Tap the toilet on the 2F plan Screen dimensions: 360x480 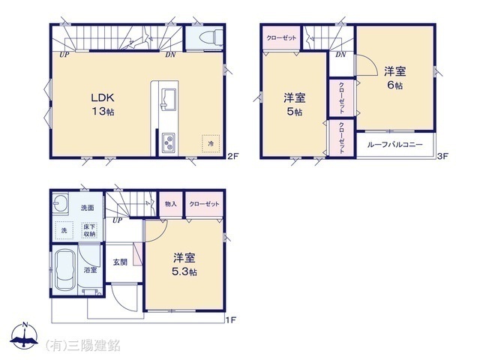pos(204,37)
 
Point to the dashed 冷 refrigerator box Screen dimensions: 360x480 pos(211,142)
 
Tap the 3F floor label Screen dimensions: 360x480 pos(442,157)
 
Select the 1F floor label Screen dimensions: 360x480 pos(232,320)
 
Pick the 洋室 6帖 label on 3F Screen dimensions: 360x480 pos(395,79)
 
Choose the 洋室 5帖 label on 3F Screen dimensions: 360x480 pos(293,104)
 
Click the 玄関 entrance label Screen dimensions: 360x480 pos(120,262)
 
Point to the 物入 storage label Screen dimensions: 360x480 pos(170,204)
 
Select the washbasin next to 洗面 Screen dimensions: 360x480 pos(62,205)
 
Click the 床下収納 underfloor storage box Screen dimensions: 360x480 pos(88,230)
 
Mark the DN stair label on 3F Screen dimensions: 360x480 pos(340,55)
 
